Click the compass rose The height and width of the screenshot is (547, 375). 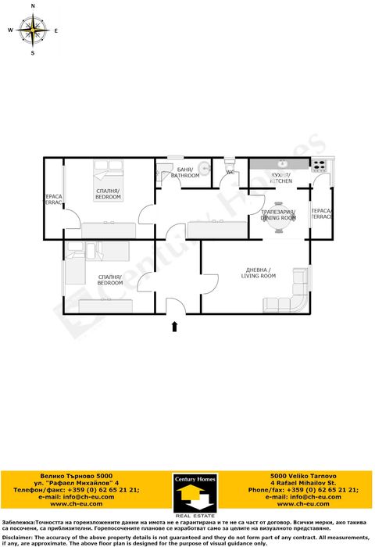tap(33, 30)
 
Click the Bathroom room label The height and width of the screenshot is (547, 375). tap(185, 173)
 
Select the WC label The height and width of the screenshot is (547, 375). tap(230, 172)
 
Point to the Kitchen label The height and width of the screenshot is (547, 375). tap(280, 178)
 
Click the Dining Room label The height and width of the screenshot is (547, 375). tap(278, 216)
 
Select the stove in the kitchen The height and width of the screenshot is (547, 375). tap(319, 165)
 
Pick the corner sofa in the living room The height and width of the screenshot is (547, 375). tap(291, 293)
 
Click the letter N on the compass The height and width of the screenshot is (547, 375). tap(33, 5)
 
